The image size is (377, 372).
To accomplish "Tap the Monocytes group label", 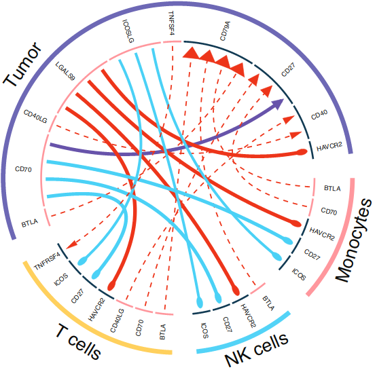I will (x=353, y=240).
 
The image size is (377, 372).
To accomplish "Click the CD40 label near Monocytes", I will (x=319, y=116).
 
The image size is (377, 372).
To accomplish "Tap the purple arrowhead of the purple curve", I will (x=279, y=103).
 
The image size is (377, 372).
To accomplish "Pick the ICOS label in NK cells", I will (x=204, y=329).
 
